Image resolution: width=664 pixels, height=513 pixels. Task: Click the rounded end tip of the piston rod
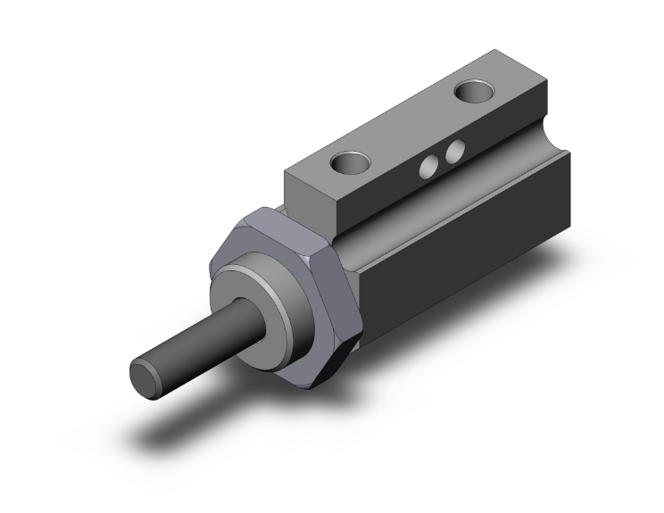click(145, 374)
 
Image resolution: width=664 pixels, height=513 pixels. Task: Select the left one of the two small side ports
click(430, 162)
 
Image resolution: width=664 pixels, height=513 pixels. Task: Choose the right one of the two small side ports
click(455, 151)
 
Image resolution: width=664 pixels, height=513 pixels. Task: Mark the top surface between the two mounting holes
click(411, 125)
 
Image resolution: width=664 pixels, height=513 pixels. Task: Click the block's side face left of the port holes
click(384, 192)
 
